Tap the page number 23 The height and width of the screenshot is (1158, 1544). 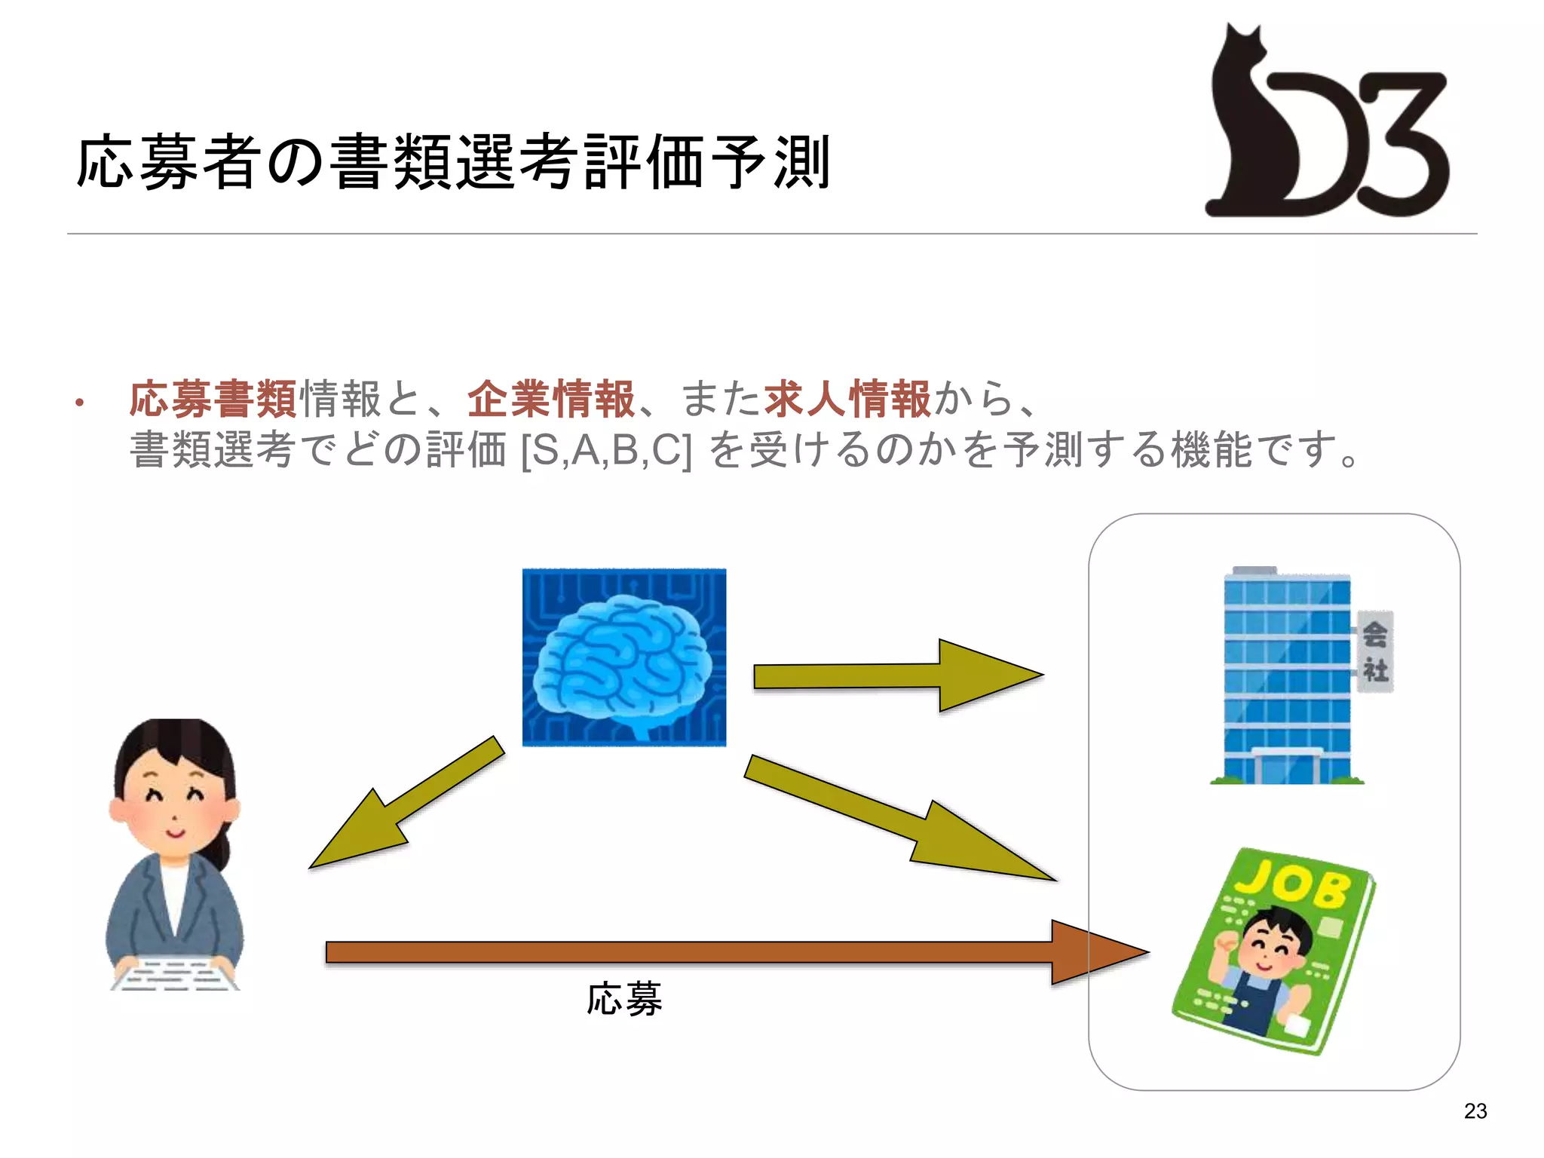tap(1475, 1111)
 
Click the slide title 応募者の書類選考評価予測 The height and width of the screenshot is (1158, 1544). tap(452, 162)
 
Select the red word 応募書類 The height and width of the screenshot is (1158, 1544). tap(213, 399)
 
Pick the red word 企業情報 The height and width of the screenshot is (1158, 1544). tap(551, 399)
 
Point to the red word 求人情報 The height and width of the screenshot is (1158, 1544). tap(847, 399)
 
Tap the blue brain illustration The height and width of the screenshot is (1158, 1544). tap(624, 657)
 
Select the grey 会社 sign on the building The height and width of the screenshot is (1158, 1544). tap(1375, 651)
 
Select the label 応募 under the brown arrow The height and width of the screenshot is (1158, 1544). tap(624, 1000)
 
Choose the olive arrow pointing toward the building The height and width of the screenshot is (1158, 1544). tap(897, 675)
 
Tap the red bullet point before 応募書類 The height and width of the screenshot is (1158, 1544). tap(79, 403)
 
